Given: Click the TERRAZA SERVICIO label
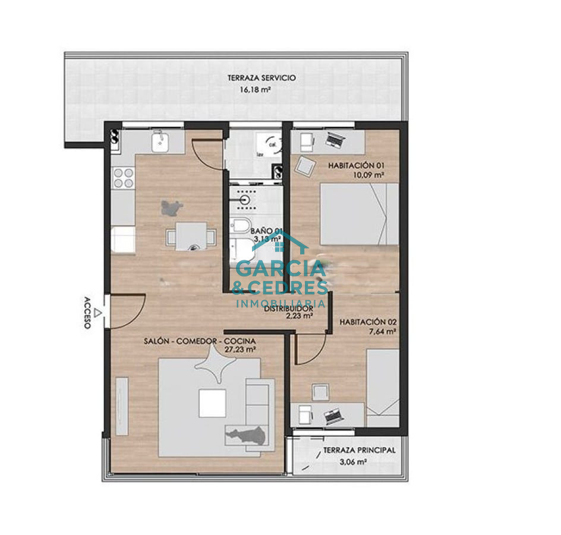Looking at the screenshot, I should [261, 78].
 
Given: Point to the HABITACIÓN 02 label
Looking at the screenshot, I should [367, 322].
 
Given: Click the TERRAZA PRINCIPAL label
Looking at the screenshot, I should [359, 451].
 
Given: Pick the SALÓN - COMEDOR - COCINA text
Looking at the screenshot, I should [200, 341].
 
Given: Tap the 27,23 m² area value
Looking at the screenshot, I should [240, 350].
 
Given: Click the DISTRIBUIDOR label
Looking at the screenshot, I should [288, 309].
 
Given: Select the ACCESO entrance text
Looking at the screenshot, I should [87, 313].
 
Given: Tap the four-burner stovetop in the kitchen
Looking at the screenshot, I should [124, 178].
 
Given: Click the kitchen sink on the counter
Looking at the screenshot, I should [160, 142].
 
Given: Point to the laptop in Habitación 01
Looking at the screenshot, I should [335, 141].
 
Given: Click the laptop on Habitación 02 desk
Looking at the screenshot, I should [333, 416].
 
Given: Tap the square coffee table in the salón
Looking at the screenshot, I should [212, 403].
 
